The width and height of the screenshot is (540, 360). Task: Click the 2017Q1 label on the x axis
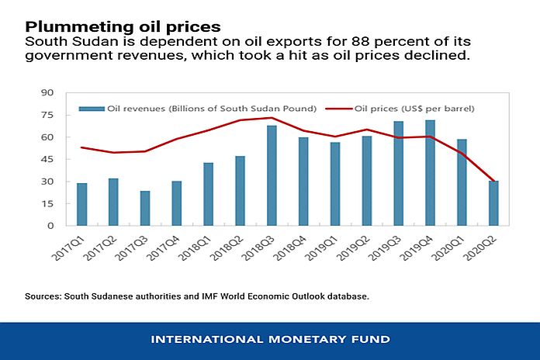tap(81, 249)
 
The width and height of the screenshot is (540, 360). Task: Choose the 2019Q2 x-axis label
tap(366, 249)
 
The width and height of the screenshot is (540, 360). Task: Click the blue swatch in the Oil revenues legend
tap(93, 109)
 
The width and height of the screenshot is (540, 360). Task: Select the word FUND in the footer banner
tap(372, 340)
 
